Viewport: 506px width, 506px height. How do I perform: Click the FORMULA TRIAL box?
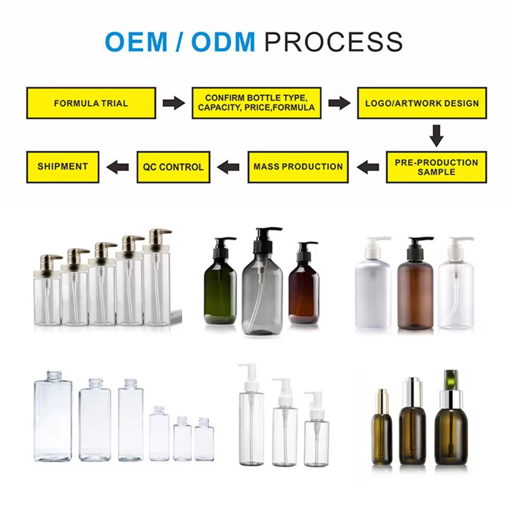90,103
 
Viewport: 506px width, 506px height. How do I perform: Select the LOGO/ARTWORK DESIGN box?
422,103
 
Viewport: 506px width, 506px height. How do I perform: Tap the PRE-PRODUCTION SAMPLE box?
436,167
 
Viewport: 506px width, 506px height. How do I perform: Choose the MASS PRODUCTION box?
298,167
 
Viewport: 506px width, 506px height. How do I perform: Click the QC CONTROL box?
173,167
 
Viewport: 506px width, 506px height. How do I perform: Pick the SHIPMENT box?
62,167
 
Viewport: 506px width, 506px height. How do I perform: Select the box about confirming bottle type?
256,103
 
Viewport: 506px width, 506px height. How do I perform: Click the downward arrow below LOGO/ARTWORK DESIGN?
436,135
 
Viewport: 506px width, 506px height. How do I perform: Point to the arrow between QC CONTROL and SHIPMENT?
118,167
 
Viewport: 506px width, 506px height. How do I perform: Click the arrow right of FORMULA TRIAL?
173,103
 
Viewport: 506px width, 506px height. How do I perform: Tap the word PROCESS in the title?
333,42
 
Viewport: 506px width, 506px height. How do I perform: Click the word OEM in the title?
135,42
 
